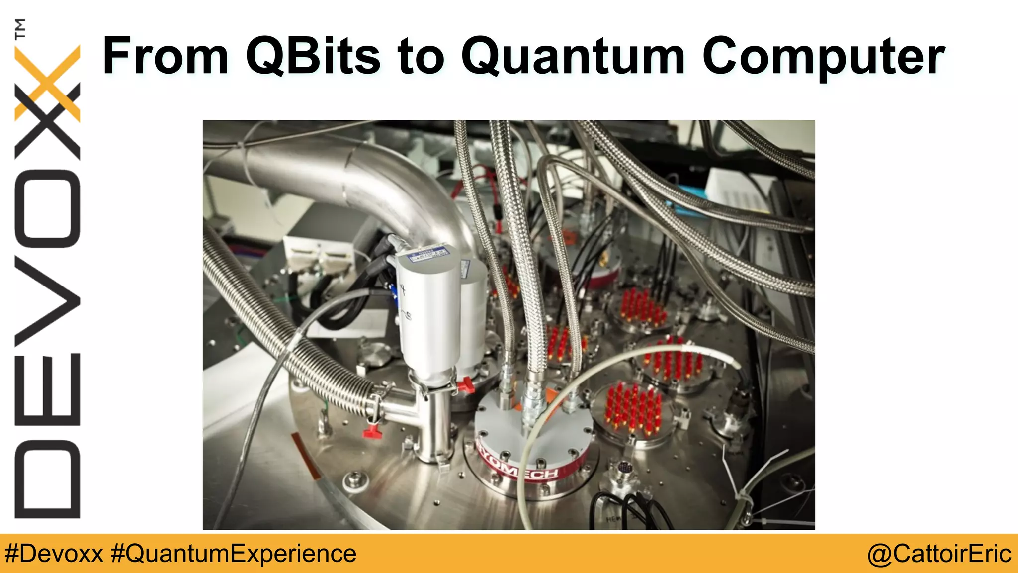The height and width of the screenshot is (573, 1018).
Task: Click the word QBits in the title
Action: click(x=314, y=56)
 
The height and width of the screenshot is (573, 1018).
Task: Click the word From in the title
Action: click(x=165, y=56)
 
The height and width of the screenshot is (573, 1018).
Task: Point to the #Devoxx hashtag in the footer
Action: click(x=54, y=554)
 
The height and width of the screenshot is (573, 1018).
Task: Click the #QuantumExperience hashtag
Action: click(x=234, y=554)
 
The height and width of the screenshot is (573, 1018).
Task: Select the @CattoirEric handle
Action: click(x=939, y=554)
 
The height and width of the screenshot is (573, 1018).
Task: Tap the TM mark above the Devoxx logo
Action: click(x=21, y=29)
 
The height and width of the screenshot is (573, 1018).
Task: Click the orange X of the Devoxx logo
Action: click(x=48, y=82)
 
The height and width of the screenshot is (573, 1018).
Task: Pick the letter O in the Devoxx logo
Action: click(x=48, y=208)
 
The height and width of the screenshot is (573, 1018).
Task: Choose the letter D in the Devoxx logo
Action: click(x=48, y=479)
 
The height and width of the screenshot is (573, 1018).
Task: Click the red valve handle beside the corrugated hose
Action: click(x=372, y=432)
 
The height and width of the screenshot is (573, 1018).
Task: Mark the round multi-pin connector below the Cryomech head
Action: click(x=624, y=468)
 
